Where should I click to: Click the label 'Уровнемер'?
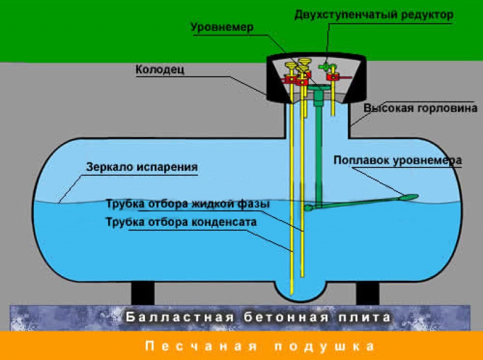pyautogui.click(x=222, y=27)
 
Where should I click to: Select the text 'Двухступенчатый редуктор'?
pyautogui.click(x=373, y=14)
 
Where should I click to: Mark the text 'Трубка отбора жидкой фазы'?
pyautogui.click(x=187, y=204)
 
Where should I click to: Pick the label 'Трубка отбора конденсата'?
pyautogui.click(x=182, y=222)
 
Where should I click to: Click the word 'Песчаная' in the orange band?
pyautogui.click(x=200, y=346)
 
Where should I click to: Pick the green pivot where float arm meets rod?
pyautogui.click(x=309, y=208)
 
